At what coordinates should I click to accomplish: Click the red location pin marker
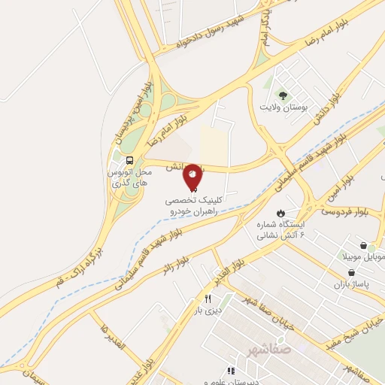click(192, 176)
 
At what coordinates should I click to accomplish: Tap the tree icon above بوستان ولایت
click(283, 95)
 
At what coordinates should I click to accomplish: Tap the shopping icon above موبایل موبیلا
click(364, 246)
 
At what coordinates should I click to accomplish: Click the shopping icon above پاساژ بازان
click(352, 272)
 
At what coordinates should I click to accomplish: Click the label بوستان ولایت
click(283, 108)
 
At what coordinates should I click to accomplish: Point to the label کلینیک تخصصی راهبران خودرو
click(193, 208)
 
